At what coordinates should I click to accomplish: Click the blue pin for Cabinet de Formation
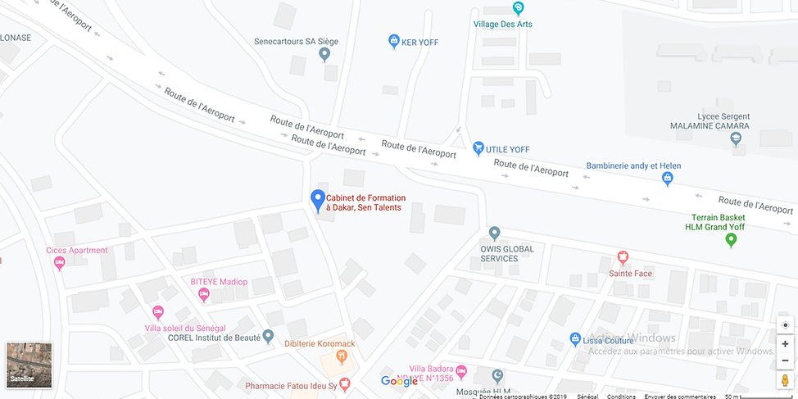point(318,199)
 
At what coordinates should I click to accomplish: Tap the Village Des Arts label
point(502,24)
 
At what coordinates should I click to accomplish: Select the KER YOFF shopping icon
point(393,40)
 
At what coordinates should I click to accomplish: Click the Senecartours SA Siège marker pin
point(324,55)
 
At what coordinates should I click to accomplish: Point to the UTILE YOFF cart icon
point(478,148)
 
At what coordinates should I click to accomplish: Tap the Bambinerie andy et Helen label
point(633,166)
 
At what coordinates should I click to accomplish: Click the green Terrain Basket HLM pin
point(732,240)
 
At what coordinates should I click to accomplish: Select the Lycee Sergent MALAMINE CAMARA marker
point(736,140)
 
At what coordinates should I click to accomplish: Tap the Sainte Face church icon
point(622,257)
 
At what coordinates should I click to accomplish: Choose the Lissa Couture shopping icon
point(575,339)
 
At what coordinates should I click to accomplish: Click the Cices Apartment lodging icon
point(59,263)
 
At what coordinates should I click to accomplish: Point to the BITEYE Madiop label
point(218,282)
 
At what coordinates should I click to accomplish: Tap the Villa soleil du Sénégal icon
point(158,312)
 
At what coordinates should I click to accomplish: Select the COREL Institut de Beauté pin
point(267,336)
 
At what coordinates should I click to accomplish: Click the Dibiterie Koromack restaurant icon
point(342,356)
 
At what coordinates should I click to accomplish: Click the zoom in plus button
point(785,344)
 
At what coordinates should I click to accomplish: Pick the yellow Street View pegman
point(785,380)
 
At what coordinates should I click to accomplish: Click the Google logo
point(400,381)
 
